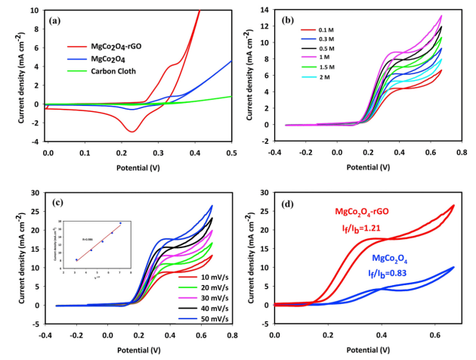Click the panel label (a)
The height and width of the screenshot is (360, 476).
click(56, 20)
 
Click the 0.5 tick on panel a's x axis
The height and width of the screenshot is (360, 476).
click(230, 153)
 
